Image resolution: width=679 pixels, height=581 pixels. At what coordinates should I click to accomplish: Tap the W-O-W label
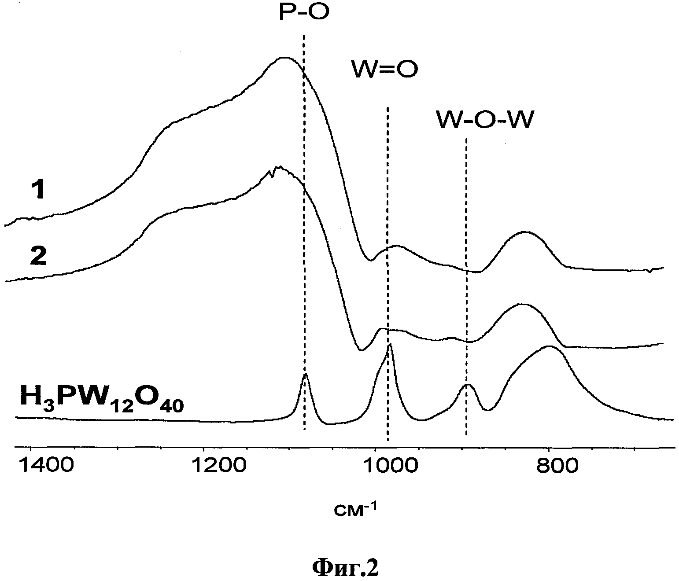tap(485, 120)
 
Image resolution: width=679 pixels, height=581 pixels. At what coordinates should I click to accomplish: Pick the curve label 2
tap(38, 256)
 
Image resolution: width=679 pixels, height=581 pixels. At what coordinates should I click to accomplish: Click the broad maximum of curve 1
tap(284, 58)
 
